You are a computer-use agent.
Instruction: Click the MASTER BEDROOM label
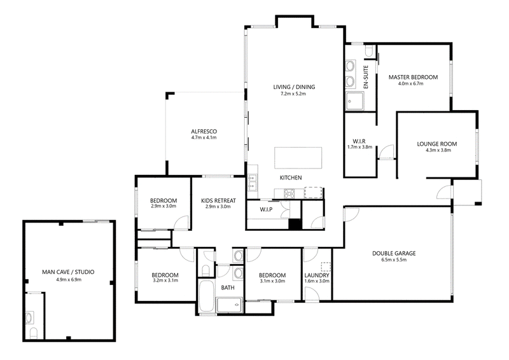coord(413,77)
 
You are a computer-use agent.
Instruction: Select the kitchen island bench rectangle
coord(298,158)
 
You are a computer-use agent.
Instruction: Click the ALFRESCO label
coord(204,132)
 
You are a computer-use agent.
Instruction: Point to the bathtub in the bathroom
coord(206,296)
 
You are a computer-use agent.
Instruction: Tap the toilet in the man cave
coord(34,333)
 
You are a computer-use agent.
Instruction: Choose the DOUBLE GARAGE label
coord(394,254)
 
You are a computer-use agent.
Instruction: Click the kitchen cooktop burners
coord(289,194)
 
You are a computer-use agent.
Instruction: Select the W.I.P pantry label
coord(266,210)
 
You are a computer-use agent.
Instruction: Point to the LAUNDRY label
coord(317,275)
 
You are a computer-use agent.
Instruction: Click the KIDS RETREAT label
coord(218,200)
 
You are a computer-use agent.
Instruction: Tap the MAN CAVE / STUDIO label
coord(68,272)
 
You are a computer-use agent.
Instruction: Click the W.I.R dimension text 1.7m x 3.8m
coord(359,147)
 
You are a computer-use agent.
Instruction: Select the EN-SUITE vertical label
coord(366,77)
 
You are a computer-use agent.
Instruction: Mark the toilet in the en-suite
coord(369,52)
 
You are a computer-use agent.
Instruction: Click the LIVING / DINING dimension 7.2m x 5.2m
coord(293,93)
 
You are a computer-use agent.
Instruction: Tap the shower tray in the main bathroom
coord(230,305)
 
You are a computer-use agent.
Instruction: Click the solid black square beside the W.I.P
coord(295,225)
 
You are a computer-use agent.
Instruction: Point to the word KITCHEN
coord(291,178)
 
